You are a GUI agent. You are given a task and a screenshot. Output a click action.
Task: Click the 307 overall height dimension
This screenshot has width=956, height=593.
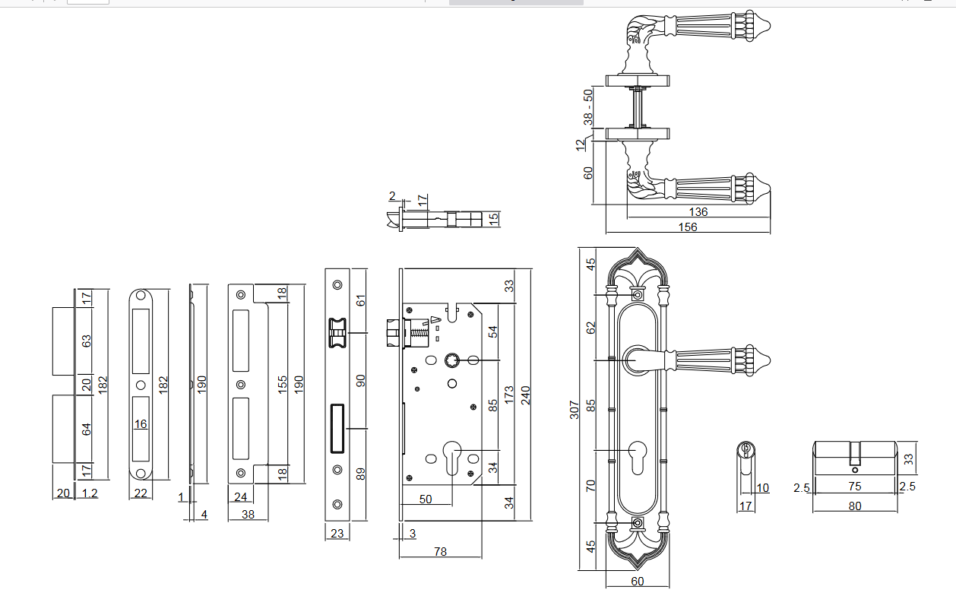pyautogui.click(x=575, y=410)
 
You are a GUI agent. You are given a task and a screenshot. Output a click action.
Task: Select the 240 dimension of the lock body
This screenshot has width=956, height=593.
pyautogui.click(x=525, y=396)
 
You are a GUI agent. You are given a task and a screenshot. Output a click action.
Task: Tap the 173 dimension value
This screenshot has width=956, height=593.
pyautogui.click(x=510, y=395)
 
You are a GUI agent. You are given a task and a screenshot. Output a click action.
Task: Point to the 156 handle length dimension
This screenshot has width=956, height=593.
pyautogui.click(x=688, y=227)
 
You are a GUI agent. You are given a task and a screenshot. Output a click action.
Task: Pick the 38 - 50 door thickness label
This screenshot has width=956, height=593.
pyautogui.click(x=587, y=107)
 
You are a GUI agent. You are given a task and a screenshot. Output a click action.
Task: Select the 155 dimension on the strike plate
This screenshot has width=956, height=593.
pyautogui.click(x=283, y=384)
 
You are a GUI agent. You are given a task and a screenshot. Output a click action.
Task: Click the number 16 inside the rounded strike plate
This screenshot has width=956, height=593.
pyautogui.click(x=141, y=423)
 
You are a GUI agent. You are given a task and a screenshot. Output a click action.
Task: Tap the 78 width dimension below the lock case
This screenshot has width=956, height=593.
pyautogui.click(x=440, y=552)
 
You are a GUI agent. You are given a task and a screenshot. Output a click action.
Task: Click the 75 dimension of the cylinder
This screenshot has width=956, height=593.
pyautogui.click(x=855, y=487)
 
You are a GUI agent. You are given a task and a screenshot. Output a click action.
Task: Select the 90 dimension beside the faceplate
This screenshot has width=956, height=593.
pyautogui.click(x=361, y=380)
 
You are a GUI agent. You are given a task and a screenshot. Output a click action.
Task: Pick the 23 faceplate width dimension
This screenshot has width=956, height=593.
pyautogui.click(x=337, y=534)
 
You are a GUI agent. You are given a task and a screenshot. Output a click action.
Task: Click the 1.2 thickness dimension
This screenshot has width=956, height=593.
pyautogui.click(x=90, y=493)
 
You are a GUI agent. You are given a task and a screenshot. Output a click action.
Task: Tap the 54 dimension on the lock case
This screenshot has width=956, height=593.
pyautogui.click(x=492, y=331)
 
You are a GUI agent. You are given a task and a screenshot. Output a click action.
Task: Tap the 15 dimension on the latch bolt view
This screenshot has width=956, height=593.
pyautogui.click(x=493, y=219)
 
